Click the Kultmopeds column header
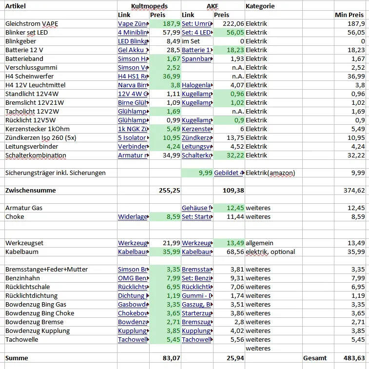coord(149,6)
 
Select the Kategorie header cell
coord(260,6)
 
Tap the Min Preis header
coord(349,15)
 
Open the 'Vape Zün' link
coord(133,24)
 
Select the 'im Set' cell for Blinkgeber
coord(191,41)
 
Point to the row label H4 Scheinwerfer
coord(29,77)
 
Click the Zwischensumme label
coord(30,191)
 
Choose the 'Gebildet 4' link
coord(229,173)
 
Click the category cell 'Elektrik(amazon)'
coord(270,173)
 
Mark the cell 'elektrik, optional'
coord(271,252)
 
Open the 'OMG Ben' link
coord(133,278)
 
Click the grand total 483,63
coord(353,358)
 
